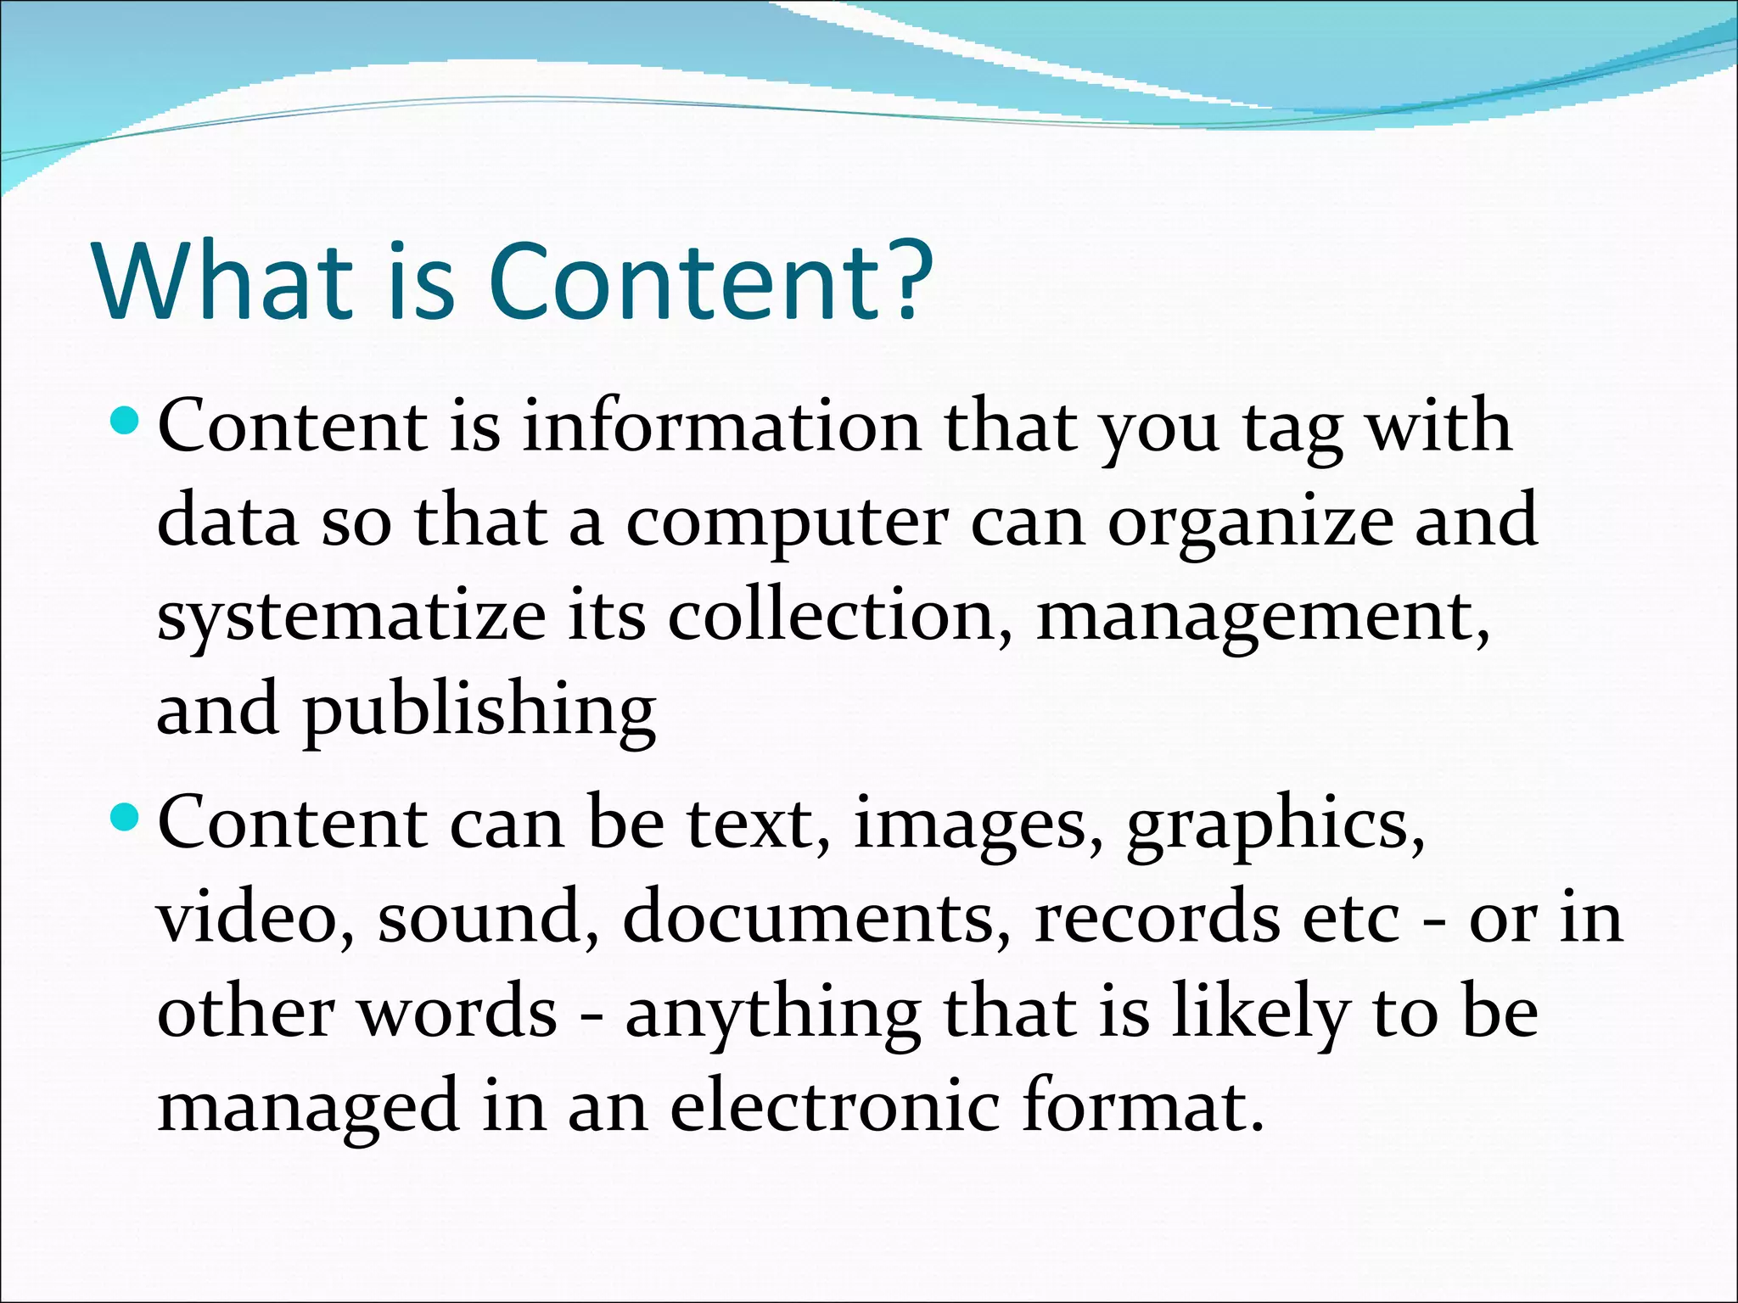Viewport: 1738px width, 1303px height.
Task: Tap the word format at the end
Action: tap(1141, 1107)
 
